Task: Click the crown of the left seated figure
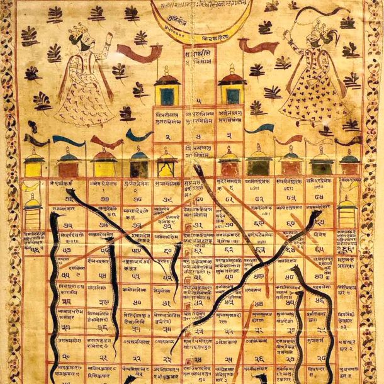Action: coord(80,29)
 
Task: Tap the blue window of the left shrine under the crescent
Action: coord(166,96)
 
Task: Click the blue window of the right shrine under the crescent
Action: coord(233,96)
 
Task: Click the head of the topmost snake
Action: coord(197,168)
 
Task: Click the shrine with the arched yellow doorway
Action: coord(166,165)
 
